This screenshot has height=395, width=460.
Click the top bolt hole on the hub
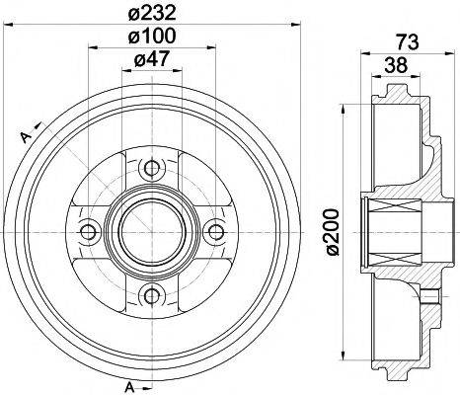point(150,166)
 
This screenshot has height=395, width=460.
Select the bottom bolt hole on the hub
point(150,293)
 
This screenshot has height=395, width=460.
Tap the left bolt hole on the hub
point(87,230)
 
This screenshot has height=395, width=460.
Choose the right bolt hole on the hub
point(214,230)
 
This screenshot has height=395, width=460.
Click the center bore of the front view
point(150,230)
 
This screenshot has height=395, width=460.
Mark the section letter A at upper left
point(21,137)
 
